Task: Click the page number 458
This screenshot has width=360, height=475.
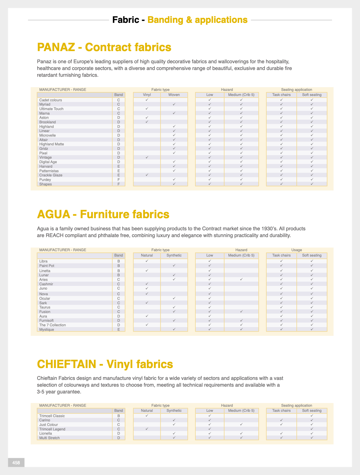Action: (16, 463)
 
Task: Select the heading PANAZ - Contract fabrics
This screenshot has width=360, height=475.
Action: (104, 47)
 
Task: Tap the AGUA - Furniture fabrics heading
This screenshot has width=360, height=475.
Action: (103, 214)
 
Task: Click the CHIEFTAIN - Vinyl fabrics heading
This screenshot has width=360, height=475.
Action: (105, 364)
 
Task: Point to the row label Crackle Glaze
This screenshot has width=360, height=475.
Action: (51, 175)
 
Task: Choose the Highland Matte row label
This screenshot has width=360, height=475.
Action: (52, 144)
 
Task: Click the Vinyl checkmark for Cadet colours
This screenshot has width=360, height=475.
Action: (147, 100)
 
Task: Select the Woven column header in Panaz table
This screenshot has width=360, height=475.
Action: (174, 95)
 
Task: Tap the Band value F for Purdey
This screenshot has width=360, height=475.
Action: (119, 180)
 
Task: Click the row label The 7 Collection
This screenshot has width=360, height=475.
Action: (53, 325)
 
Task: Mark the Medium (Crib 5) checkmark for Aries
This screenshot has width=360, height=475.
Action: (241, 279)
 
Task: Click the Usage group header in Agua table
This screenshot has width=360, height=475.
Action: (297, 250)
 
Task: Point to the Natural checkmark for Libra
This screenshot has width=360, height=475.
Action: (147, 261)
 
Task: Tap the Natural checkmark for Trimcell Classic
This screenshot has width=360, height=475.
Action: (147, 416)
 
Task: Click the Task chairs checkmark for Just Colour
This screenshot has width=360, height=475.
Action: (282, 424)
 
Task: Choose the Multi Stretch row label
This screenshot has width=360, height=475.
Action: (49, 438)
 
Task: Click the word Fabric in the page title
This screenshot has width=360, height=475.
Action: (126, 20)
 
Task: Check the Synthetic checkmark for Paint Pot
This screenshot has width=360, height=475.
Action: (174, 266)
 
